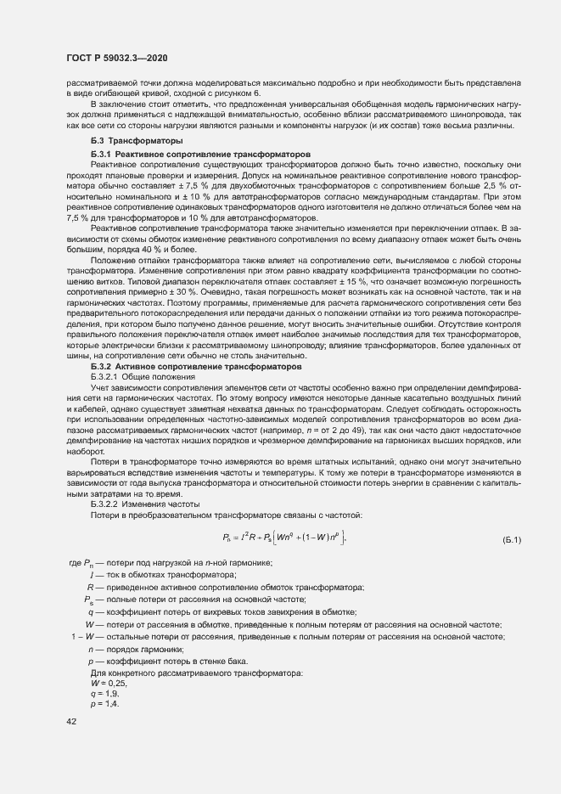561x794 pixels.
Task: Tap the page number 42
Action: (x=71, y=721)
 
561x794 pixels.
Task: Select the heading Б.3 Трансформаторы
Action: (x=134, y=139)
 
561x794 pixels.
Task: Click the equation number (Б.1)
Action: (x=512, y=539)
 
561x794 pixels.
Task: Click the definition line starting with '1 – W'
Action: (x=289, y=637)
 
